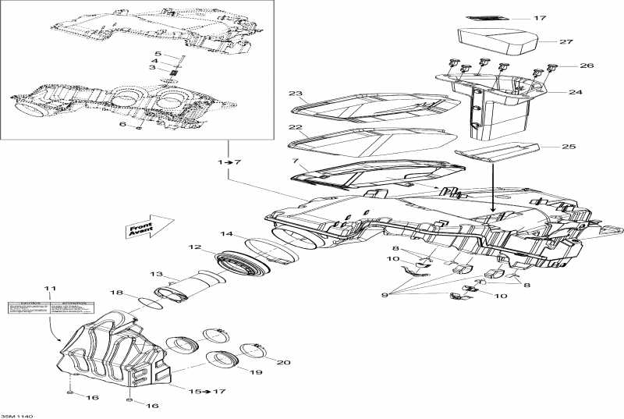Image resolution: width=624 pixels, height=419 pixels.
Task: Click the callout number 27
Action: click(566, 41)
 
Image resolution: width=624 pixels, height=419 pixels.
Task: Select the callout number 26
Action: click(565, 66)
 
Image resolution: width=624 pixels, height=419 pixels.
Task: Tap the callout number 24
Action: click(576, 92)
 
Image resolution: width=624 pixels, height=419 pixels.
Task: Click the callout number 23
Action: click(295, 94)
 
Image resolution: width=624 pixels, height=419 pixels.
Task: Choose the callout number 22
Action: click(295, 127)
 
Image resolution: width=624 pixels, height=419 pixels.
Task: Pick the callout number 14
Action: click(226, 233)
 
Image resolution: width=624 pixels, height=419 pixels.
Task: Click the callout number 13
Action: click(156, 274)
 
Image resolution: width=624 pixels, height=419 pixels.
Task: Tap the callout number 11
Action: click(51, 289)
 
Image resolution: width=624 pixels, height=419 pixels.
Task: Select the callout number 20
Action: click(282, 362)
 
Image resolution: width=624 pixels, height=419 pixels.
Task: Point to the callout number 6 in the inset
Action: click(122, 124)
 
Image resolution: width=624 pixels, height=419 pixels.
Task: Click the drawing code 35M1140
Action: click(16, 415)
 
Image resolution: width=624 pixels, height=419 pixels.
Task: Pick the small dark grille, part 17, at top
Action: click(487, 17)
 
